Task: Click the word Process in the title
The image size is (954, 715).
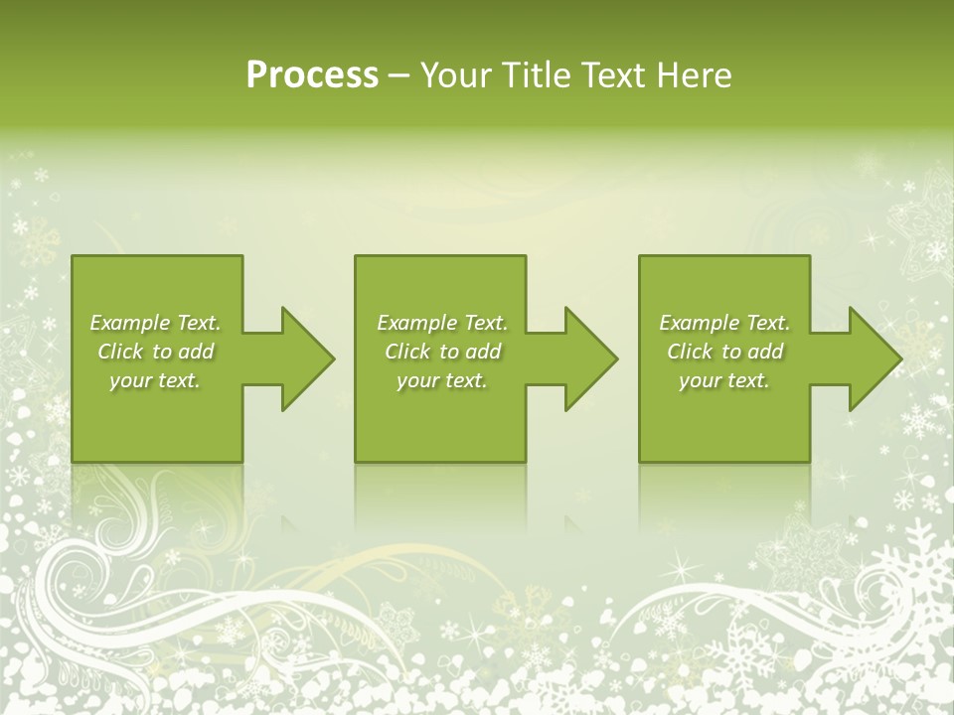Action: pyautogui.click(x=312, y=75)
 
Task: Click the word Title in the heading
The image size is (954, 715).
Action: pyautogui.click(x=537, y=75)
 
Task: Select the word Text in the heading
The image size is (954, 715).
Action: pyautogui.click(x=616, y=75)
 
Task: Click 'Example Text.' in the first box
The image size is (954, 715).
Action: pyautogui.click(x=156, y=323)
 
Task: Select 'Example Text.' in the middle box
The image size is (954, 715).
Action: pyautogui.click(x=442, y=323)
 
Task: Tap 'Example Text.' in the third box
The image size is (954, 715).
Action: pyautogui.click(x=724, y=323)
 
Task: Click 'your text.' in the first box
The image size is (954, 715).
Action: pyautogui.click(x=155, y=380)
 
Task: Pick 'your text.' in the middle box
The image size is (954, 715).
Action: pyautogui.click(x=441, y=380)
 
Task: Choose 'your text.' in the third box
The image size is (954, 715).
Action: pyautogui.click(x=724, y=380)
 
